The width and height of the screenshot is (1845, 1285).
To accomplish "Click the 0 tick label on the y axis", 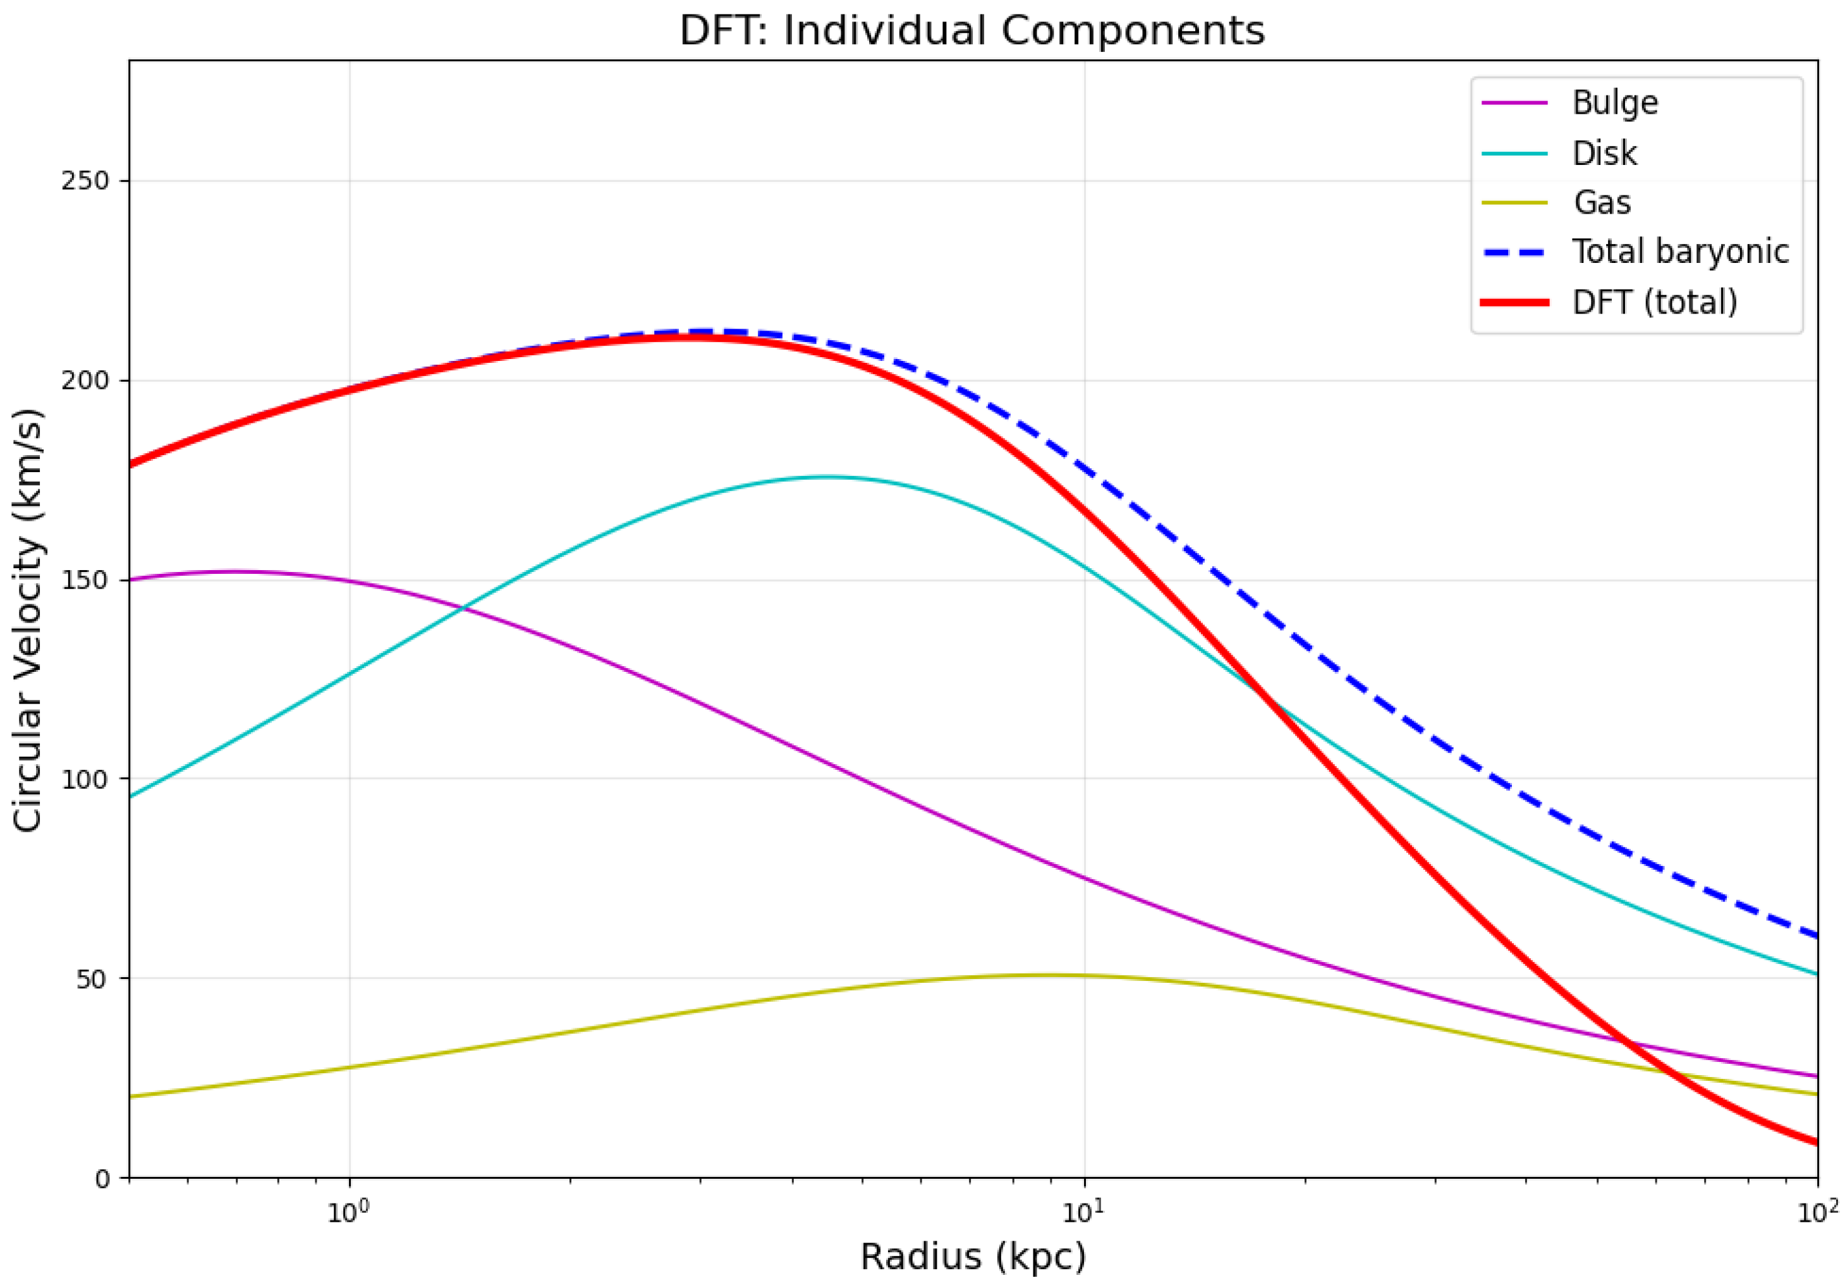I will tap(102, 1179).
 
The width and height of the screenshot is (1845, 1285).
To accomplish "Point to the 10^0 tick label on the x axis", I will tap(348, 1210).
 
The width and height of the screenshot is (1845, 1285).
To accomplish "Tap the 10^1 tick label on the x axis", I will tap(1084, 1210).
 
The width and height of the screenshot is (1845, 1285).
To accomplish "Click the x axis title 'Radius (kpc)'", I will tap(972, 1256).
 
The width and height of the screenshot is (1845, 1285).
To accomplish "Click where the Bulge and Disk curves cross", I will tap(462, 608).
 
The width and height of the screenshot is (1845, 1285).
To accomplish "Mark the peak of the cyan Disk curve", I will tap(827, 477).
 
